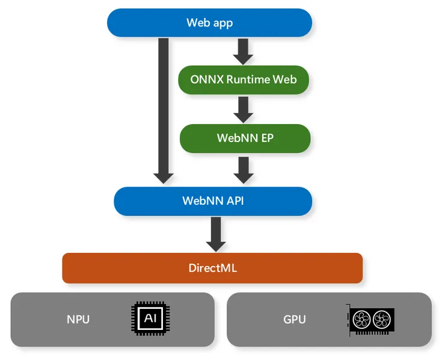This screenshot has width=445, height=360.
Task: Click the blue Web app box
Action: (209, 23)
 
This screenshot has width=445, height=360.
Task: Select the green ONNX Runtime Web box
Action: (244, 79)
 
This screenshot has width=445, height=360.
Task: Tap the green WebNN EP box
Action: (245, 138)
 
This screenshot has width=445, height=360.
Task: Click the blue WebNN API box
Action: (213, 201)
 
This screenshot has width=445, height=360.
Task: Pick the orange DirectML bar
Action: (212, 268)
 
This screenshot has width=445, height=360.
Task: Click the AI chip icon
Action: (150, 319)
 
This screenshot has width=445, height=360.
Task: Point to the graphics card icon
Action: (371, 320)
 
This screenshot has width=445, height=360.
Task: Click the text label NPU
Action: (78, 320)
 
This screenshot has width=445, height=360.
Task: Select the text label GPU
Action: (295, 320)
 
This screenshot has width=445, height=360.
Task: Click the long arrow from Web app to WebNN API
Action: (164, 108)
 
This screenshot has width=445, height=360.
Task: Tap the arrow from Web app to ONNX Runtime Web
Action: (244, 51)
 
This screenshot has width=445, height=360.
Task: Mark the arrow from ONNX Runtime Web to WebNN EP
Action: (244, 109)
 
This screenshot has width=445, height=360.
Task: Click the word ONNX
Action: (207, 79)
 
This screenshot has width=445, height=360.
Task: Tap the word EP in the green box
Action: (266, 138)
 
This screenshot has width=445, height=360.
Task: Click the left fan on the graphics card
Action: (361, 320)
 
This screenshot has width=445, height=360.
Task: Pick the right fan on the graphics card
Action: (381, 320)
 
